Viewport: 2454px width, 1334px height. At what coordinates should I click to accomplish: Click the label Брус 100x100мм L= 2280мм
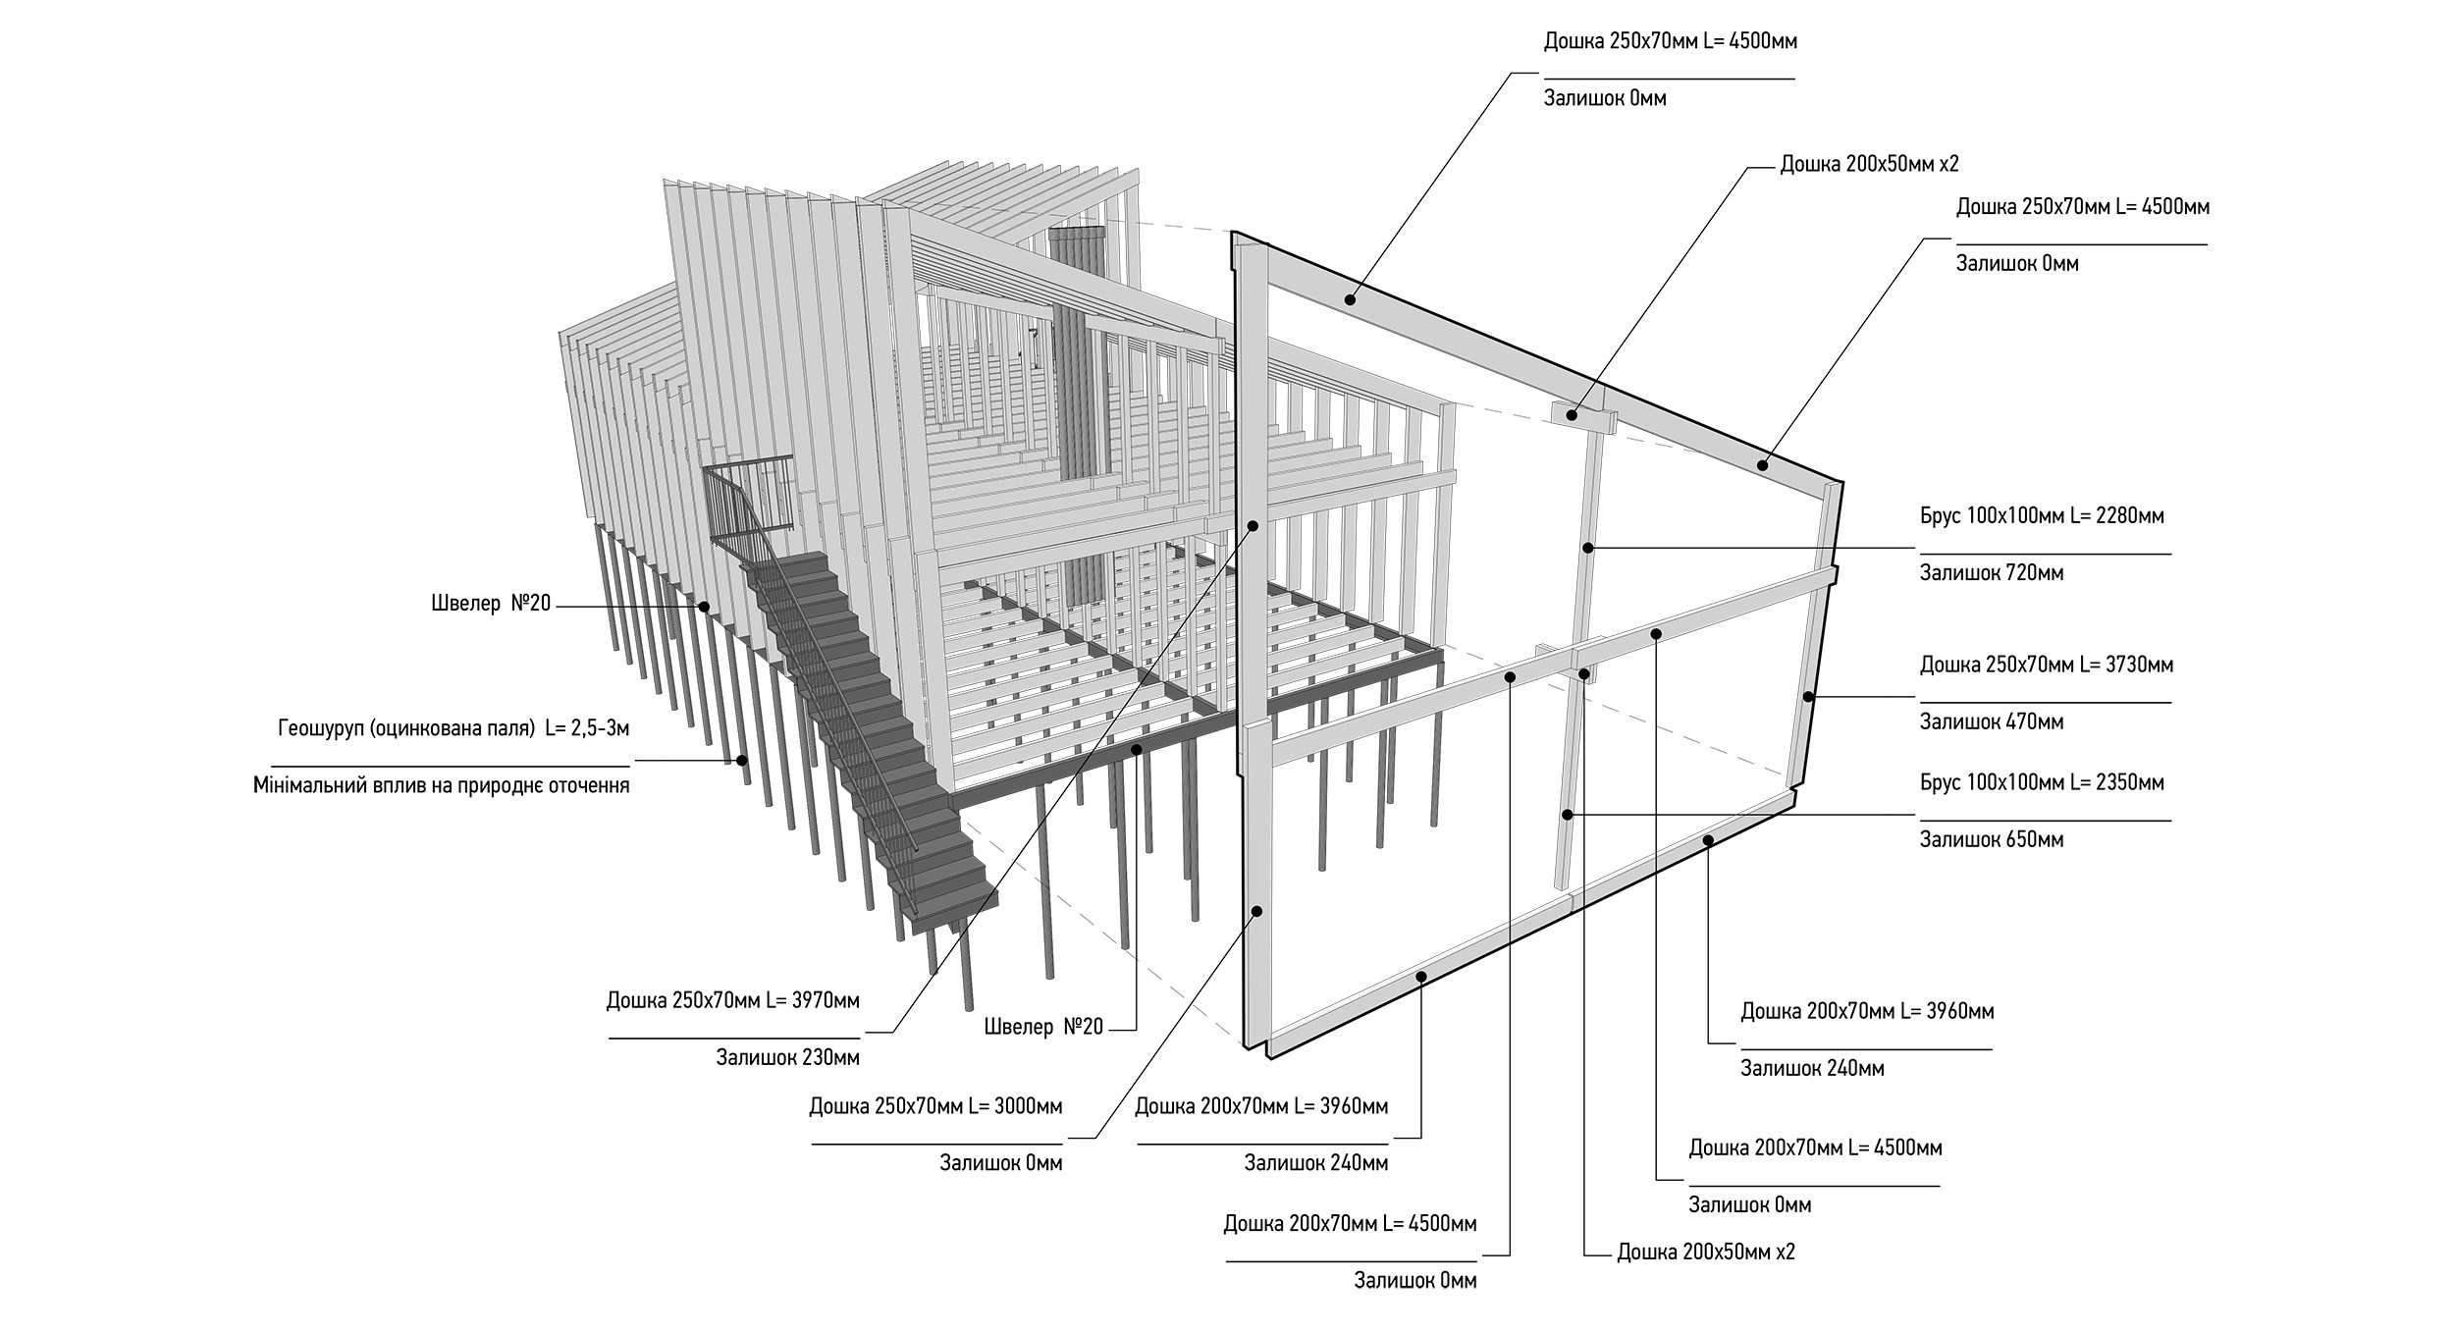(2042, 516)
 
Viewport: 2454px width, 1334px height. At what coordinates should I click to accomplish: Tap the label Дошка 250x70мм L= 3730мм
(2046, 666)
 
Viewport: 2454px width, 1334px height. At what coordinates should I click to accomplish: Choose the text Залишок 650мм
(1991, 840)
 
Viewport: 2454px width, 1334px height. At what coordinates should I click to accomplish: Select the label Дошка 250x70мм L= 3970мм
(732, 1001)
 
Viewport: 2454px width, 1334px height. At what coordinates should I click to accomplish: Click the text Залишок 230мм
(787, 1058)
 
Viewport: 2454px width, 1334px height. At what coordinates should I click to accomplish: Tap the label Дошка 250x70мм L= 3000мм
(935, 1107)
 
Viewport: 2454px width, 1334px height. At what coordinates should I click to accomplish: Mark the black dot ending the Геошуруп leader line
(743, 759)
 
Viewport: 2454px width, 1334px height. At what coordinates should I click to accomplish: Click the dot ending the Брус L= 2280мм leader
(1587, 547)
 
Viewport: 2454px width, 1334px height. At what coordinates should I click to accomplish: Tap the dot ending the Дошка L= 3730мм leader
(1808, 697)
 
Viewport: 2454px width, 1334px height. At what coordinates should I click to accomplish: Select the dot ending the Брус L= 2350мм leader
(1568, 815)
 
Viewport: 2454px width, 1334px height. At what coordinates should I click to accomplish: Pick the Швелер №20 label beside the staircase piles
(491, 604)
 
